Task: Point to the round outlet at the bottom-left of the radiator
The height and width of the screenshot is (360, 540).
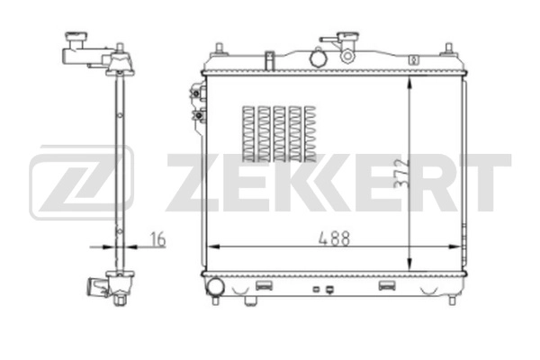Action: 215,287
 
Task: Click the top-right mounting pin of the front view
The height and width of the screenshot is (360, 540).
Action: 447,47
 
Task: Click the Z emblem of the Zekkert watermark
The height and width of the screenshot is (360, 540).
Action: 82,183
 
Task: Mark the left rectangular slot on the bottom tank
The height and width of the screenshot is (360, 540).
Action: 265,285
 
